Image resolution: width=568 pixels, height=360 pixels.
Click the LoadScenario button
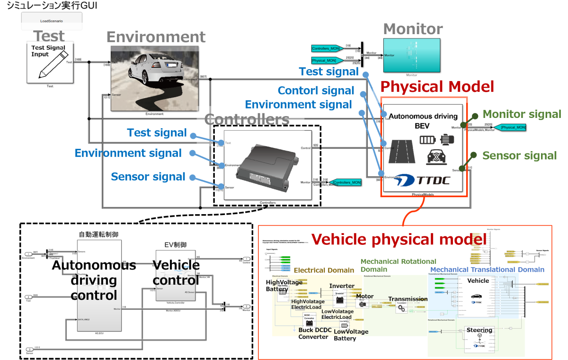(x=52, y=21)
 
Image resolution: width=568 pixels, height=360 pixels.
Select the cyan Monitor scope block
(x=411, y=54)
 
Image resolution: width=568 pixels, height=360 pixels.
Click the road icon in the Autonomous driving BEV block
(x=401, y=152)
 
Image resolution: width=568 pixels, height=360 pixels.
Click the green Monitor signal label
(x=522, y=114)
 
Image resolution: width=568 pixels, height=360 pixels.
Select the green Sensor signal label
(x=519, y=156)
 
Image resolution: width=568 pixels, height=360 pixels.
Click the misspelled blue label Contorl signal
(x=316, y=90)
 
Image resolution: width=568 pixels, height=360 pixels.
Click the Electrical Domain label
(x=324, y=270)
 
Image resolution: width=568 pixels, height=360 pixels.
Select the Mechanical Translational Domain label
(x=486, y=270)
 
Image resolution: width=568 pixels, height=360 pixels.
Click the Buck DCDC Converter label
(x=313, y=333)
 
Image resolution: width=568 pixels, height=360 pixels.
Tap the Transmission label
(x=408, y=299)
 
